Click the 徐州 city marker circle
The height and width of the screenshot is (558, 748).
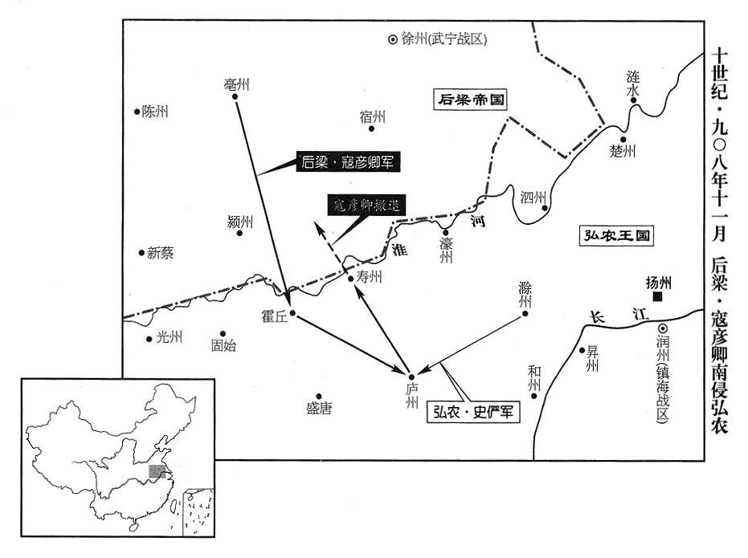(392, 39)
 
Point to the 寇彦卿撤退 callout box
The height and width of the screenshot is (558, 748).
(366, 204)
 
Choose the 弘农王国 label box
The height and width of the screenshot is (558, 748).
(617, 236)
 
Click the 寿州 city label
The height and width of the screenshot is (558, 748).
(369, 278)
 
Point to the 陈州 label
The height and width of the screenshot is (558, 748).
(155, 112)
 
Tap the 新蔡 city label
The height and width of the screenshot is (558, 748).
(160, 253)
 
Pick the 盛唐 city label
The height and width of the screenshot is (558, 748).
(318, 409)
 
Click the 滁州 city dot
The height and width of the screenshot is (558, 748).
(526, 313)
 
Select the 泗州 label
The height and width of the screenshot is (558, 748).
(533, 197)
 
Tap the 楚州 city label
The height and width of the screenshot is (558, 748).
(623, 151)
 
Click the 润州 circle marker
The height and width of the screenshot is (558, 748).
(662, 328)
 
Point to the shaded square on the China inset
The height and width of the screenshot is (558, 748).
(157, 471)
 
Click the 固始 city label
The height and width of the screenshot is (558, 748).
(224, 346)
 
